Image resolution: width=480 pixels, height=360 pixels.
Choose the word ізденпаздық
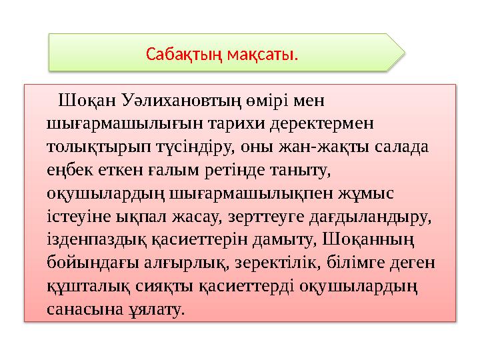(93, 239)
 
